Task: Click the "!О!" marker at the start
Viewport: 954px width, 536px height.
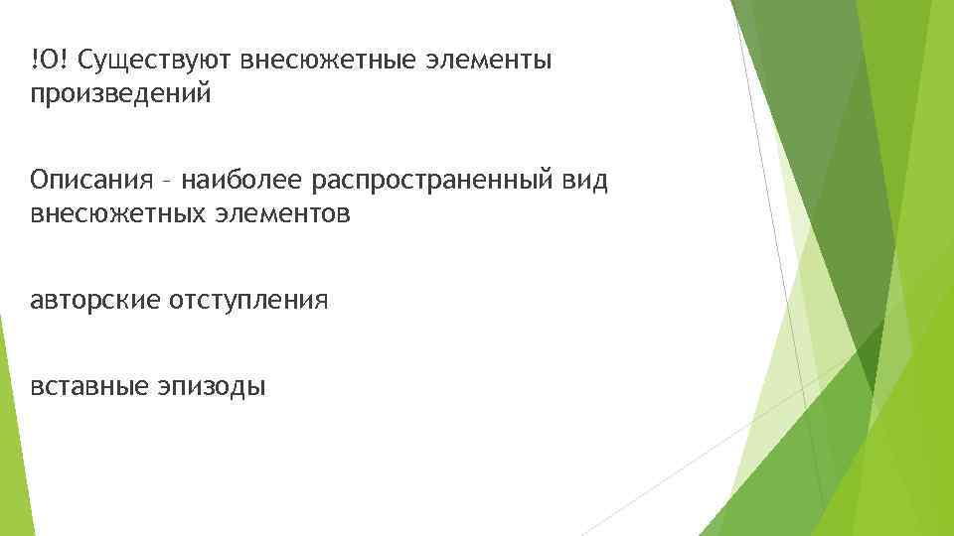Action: click(x=49, y=62)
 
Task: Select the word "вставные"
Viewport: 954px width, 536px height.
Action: click(x=88, y=385)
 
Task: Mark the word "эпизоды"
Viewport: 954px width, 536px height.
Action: click(x=211, y=386)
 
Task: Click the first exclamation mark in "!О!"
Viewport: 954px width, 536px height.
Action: click(x=33, y=62)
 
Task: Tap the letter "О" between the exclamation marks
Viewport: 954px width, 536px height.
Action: click(x=49, y=62)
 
